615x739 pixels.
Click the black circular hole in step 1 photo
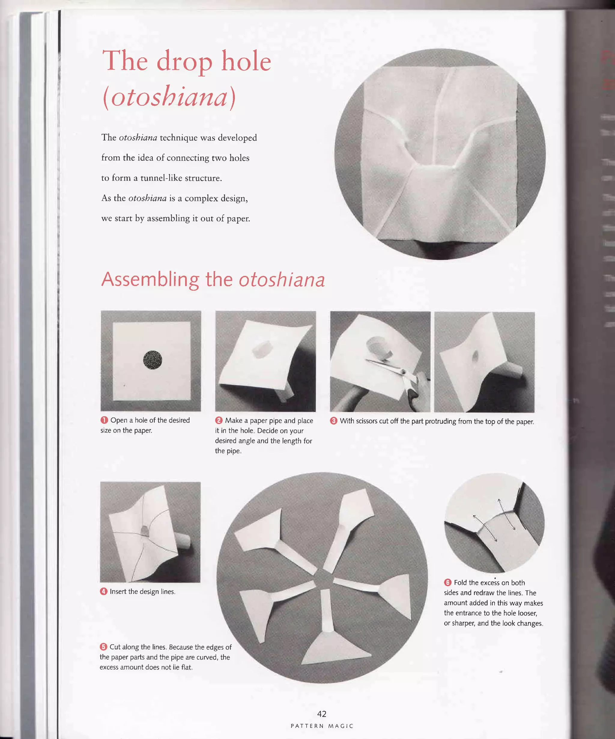click(152, 360)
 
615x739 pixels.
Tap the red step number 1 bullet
click(104, 420)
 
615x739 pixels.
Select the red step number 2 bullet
click(219, 420)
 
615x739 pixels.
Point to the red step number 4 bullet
click(103, 591)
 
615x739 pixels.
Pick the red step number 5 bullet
click(103, 646)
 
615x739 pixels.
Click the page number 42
click(321, 714)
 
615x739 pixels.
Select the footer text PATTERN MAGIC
click(322, 726)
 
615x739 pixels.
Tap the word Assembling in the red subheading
click(150, 279)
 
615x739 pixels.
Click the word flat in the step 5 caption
click(186, 667)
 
